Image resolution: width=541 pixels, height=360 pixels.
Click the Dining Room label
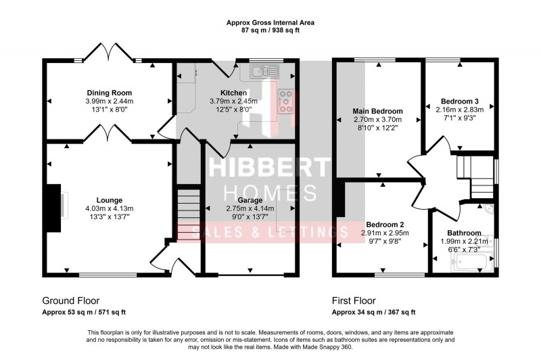[109, 93]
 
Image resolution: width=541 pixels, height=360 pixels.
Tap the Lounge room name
[109, 200]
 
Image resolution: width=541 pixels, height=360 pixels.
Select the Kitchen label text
[233, 93]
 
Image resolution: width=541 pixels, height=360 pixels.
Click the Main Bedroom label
[378, 111]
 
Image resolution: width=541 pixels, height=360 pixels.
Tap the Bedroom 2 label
[385, 225]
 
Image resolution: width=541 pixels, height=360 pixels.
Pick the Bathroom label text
[463, 233]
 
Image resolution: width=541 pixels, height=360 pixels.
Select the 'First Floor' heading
[354, 300]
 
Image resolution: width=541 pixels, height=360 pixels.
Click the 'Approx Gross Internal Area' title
[270, 23]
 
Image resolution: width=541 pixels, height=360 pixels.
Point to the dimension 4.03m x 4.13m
[110, 208]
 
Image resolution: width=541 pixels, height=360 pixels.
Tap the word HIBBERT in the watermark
[269, 165]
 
